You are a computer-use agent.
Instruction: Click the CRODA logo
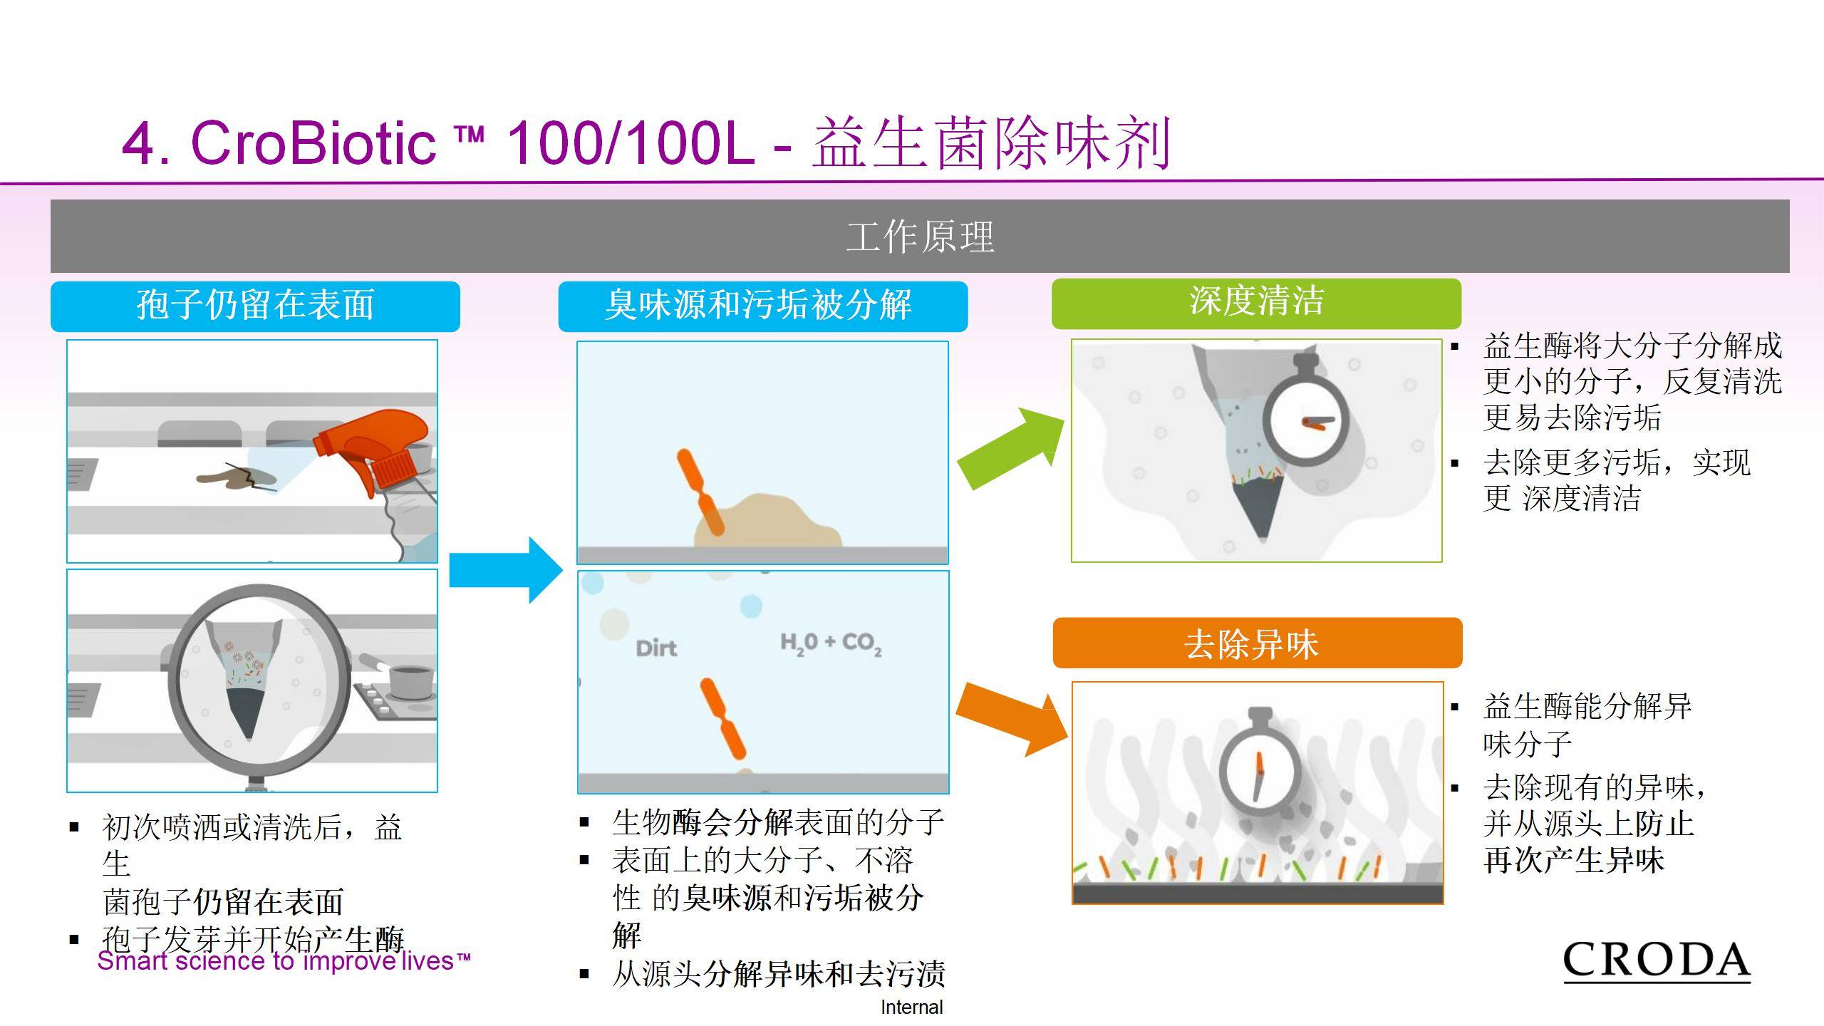point(1657,962)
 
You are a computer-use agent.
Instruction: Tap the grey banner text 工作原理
point(920,237)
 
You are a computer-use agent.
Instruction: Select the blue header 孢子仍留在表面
point(255,306)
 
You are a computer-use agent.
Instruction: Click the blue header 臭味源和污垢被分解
point(762,306)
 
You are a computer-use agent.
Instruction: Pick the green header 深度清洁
point(1256,303)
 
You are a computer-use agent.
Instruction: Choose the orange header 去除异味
point(1257,643)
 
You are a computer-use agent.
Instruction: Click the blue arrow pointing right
point(506,570)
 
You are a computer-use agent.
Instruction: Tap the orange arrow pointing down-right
point(1012,719)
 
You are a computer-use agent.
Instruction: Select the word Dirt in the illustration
point(656,648)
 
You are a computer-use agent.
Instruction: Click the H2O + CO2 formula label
point(831,643)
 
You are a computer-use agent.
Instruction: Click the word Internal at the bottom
point(912,1007)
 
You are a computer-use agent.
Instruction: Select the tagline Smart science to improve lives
point(284,961)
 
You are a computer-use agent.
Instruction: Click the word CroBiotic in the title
point(313,143)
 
